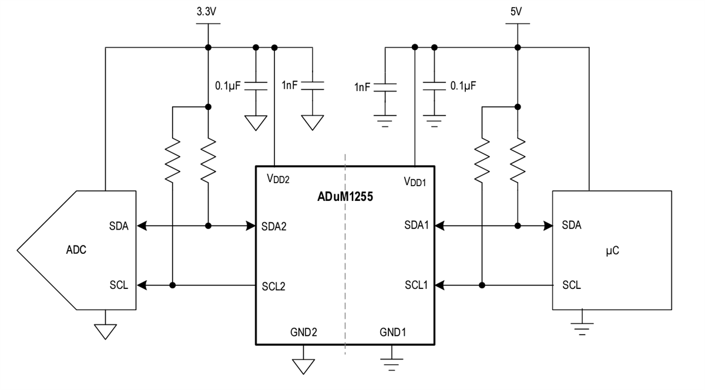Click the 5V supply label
517,11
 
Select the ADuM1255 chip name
345,197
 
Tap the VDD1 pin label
414,181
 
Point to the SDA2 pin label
274,226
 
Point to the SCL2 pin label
274,286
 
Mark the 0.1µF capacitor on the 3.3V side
256,86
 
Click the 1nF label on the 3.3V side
290,86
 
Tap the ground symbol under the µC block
582,327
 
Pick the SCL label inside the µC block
572,285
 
